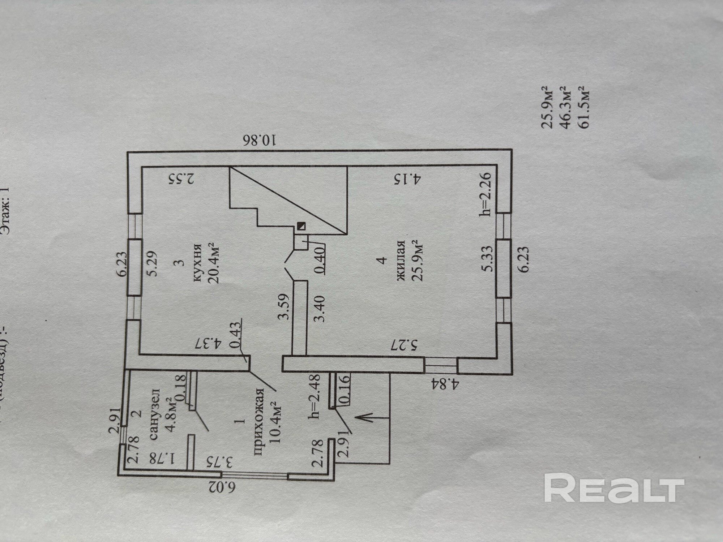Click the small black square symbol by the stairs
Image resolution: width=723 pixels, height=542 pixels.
(301, 226)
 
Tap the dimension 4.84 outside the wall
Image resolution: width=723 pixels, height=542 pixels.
(444, 384)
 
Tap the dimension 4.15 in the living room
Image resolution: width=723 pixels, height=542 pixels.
(407, 179)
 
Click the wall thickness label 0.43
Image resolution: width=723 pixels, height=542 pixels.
(235, 335)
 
